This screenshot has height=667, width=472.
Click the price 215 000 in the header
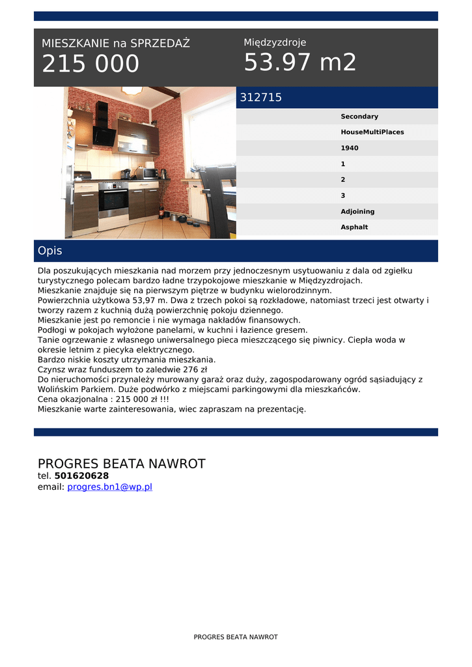[90, 64]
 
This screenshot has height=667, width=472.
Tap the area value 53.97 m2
[300, 63]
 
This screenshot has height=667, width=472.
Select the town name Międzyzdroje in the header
[275, 42]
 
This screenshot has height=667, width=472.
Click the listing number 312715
[261, 98]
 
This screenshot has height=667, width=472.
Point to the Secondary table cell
[359, 117]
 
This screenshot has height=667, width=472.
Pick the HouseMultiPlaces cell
[372, 132]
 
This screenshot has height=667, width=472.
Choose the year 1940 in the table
[350, 148]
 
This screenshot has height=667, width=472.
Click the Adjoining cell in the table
[357, 212]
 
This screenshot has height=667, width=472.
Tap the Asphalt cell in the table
[354, 227]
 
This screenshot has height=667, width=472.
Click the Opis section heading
[50, 251]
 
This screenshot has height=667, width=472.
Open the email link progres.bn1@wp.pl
[109, 487]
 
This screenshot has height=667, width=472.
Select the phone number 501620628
[81, 475]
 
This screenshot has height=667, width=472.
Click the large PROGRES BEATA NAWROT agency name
[121, 464]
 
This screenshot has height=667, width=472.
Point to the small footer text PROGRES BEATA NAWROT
[236, 637]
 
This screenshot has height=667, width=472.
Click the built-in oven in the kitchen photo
[113, 200]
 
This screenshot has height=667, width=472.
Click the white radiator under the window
[196, 202]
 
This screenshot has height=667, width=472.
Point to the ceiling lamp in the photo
[132, 91]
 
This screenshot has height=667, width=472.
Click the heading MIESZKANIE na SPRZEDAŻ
[116, 44]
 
